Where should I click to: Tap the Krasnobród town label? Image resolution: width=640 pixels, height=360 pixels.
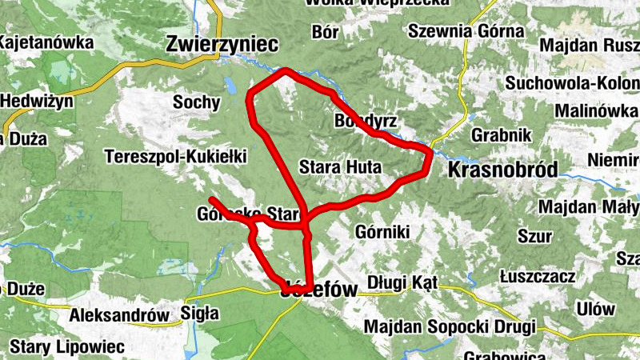click(502, 170)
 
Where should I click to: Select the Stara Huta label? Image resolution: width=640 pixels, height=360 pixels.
click(340, 167)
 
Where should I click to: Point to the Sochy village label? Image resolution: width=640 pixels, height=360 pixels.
click(196, 102)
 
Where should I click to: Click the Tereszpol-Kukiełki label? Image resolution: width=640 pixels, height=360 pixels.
click(176, 157)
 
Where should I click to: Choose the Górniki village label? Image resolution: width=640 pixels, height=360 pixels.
click(381, 232)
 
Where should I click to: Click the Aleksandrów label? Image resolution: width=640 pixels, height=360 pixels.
click(120, 315)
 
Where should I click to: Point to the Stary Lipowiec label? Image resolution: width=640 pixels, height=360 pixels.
click(68, 347)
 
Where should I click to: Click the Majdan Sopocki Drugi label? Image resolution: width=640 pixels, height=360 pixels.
click(448, 327)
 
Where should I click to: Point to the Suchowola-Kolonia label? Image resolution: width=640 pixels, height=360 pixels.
click(571, 83)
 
